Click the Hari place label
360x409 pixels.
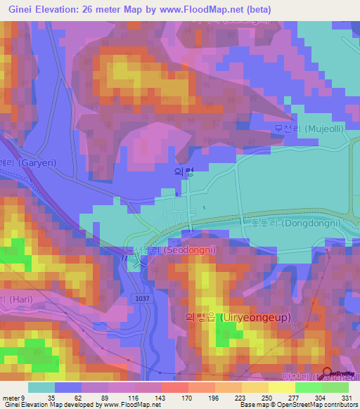pos(14,299)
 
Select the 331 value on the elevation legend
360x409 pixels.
pos(338,397)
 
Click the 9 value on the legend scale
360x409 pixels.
pos(23,397)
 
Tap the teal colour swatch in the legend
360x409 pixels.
pos(41,387)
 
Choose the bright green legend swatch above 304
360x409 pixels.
pos(308,387)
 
